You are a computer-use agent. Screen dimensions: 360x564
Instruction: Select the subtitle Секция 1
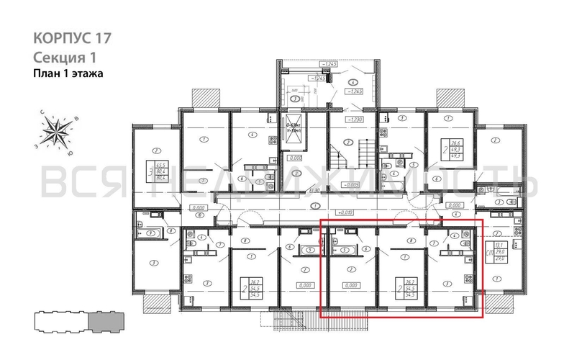pyautogui.click(x=64, y=56)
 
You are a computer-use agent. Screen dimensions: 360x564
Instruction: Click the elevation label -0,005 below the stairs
pyautogui.click(x=351, y=185)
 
